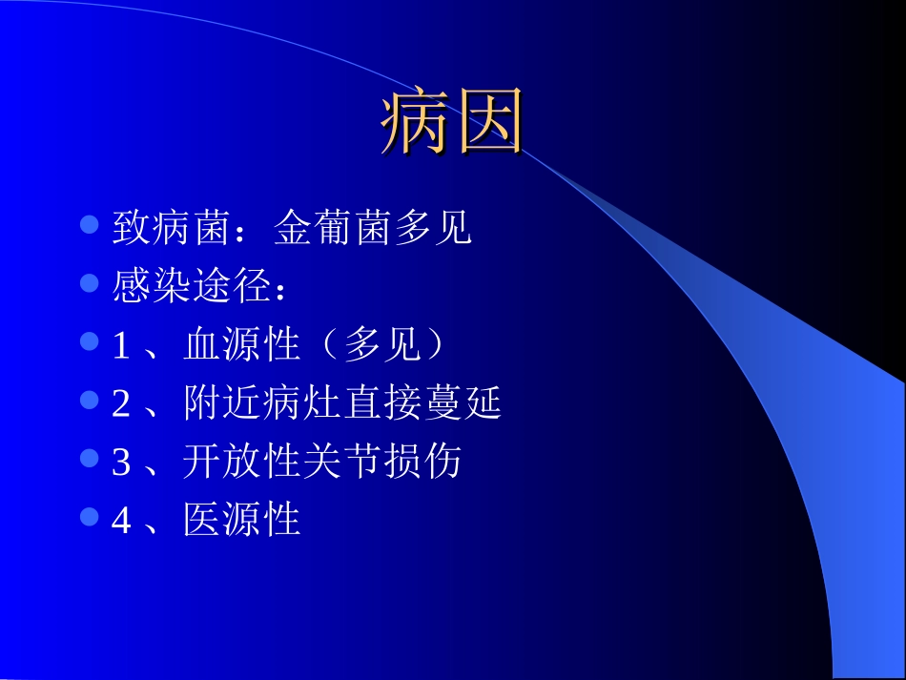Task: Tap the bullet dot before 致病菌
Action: [x=90, y=225]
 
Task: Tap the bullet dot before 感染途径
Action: [x=90, y=283]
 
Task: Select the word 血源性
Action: [x=242, y=346]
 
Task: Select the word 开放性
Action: [x=242, y=463]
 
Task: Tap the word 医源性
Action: [x=242, y=521]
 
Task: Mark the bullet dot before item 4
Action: [x=90, y=517]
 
